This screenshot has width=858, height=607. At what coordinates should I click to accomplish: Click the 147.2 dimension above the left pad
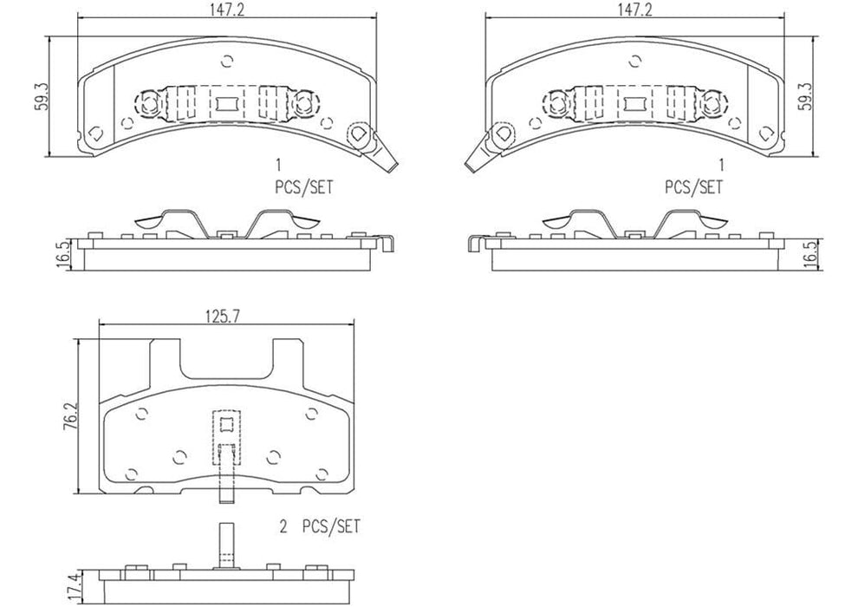pyautogui.click(x=227, y=9)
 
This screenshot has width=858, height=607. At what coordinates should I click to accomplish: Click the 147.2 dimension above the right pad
pyautogui.click(x=634, y=9)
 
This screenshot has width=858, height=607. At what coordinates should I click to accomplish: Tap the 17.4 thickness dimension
pyautogui.click(x=83, y=590)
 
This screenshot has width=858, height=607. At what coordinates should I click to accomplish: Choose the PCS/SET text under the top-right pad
pyautogui.click(x=693, y=186)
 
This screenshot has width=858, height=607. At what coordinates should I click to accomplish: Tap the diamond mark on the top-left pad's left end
pyautogui.click(x=95, y=134)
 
